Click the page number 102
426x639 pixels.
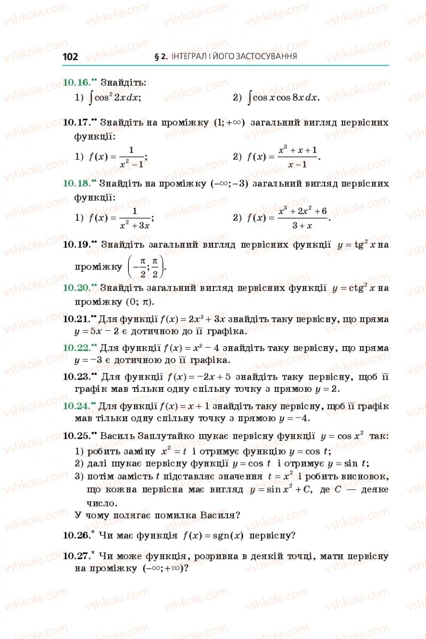click(x=70, y=56)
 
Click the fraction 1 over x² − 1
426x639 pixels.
click(x=132, y=157)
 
